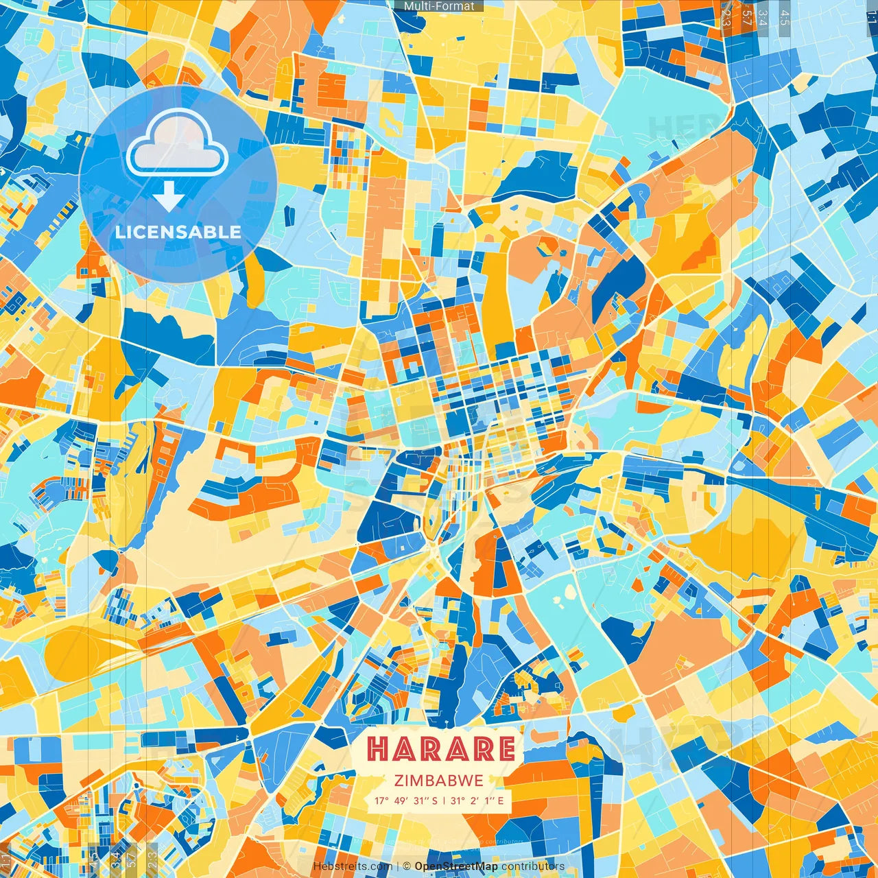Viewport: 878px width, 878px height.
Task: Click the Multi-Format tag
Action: coord(439,6)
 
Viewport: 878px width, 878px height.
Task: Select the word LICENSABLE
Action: coord(178,232)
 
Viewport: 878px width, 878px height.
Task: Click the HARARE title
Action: coord(440,749)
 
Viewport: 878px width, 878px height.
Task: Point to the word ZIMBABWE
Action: coord(439,781)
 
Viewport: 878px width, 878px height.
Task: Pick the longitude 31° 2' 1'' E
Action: coord(477,800)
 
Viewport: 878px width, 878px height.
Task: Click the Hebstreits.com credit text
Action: coord(352,866)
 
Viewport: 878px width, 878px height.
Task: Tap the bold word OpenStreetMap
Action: coord(455,866)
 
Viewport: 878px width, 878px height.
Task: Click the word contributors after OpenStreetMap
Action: coord(532,866)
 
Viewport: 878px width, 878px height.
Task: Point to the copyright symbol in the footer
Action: coord(407,866)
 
